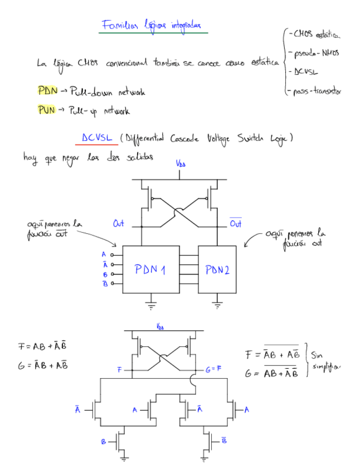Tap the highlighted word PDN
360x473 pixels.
click(47, 90)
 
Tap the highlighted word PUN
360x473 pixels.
click(47, 110)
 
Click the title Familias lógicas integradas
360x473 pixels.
click(152, 25)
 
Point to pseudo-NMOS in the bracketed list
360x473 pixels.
click(315, 54)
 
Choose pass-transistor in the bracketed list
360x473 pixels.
click(317, 91)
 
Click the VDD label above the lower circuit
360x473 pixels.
click(160, 327)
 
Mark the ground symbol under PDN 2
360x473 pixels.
click(218, 305)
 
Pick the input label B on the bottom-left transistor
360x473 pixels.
click(103, 442)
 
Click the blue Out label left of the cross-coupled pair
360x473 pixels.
click(119, 224)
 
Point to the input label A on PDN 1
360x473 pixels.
click(104, 254)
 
